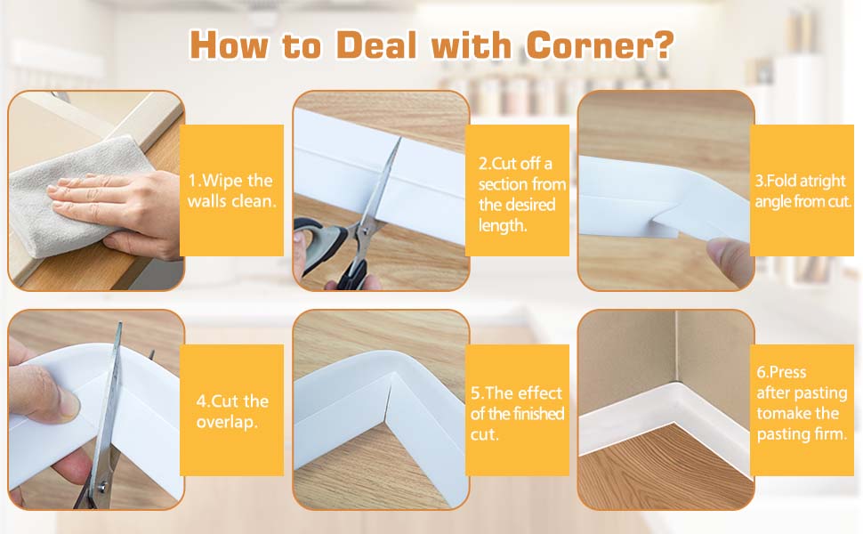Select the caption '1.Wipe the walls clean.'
231,191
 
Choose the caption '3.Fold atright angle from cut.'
803,191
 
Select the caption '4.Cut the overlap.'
232,411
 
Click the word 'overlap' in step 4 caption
227,422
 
